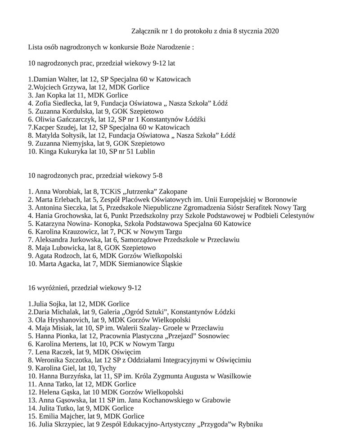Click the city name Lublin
pos(145,152)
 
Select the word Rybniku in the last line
pos(250,425)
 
